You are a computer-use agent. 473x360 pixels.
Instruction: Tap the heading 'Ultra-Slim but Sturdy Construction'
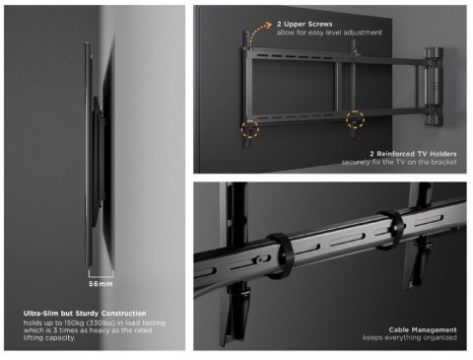tap(85, 314)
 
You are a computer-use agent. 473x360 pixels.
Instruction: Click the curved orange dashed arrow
tap(259, 36)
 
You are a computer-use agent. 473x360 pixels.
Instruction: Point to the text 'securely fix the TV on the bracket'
tap(399, 163)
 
